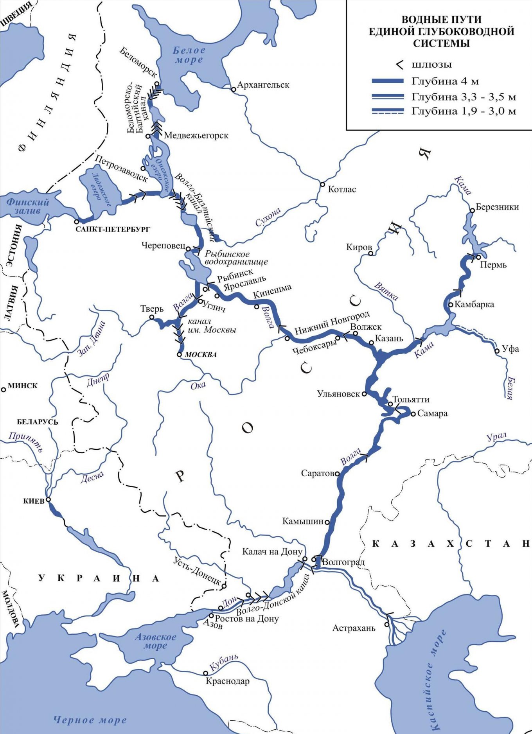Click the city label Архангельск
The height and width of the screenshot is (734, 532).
point(263,85)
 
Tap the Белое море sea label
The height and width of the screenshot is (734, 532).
point(189,55)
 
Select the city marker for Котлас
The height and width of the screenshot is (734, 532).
point(322,184)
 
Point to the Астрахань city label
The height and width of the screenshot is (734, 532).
point(354,628)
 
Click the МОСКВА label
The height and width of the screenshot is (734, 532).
point(201,355)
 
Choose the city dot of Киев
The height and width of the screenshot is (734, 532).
point(49,499)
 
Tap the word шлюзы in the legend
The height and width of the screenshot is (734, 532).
point(431,65)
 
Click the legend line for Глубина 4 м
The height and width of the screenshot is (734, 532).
point(387,81)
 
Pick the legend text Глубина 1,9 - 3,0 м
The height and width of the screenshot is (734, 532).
point(464,111)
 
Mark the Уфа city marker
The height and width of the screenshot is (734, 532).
point(497,351)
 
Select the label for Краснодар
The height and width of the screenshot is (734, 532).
point(227,681)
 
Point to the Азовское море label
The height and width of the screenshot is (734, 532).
point(155,641)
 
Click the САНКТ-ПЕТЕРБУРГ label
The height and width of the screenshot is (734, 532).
point(112,229)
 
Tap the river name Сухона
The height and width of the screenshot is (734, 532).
point(268,217)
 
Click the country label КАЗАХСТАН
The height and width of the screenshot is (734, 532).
point(450,544)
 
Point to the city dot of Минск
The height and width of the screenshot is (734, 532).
point(4,389)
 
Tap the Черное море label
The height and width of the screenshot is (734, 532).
point(90,720)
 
